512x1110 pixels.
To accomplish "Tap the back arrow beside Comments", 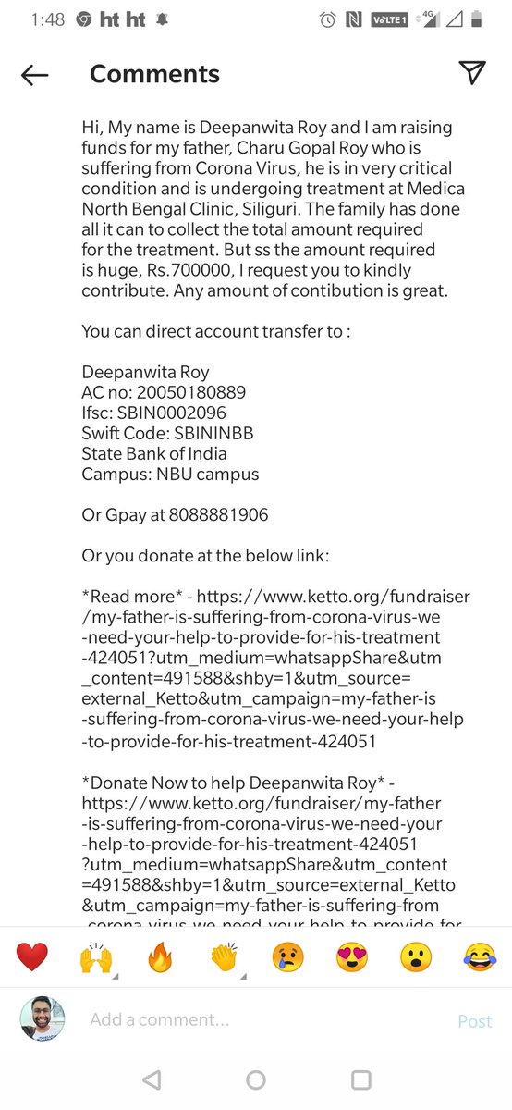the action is (34, 75).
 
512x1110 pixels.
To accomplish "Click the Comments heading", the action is (154, 74).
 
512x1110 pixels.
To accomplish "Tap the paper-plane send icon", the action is (472, 74).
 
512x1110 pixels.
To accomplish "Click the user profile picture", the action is (43, 1019).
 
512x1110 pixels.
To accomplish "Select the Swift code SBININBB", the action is (206, 433).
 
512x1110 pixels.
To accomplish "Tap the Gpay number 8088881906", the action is (219, 515).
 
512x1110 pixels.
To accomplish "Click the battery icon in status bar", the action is (475, 19).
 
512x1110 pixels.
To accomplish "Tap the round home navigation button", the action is (256, 1079).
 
